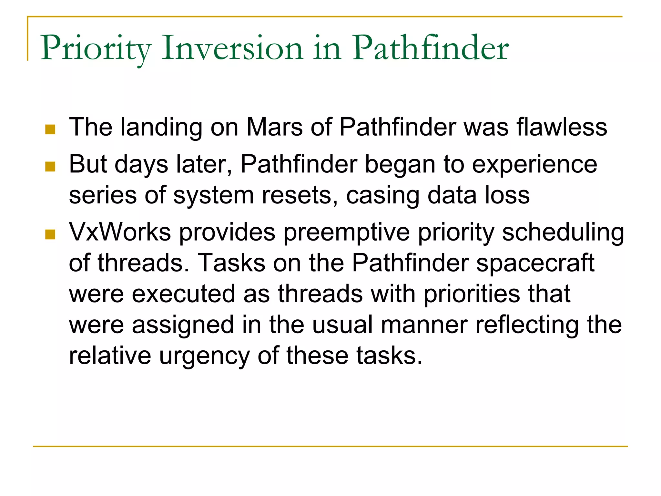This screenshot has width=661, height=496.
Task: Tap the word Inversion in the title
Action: (232, 48)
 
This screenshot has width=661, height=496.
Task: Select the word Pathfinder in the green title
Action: (430, 48)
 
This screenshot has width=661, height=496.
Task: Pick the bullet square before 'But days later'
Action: (50, 167)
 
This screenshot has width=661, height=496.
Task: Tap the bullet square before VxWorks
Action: (50, 234)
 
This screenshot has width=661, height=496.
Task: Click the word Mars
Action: (274, 127)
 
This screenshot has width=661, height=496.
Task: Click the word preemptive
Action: (347, 232)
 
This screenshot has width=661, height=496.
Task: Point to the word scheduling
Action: (563, 232)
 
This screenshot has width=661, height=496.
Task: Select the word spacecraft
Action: (535, 263)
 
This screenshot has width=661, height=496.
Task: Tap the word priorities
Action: (472, 294)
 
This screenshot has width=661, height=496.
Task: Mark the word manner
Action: (424, 325)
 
